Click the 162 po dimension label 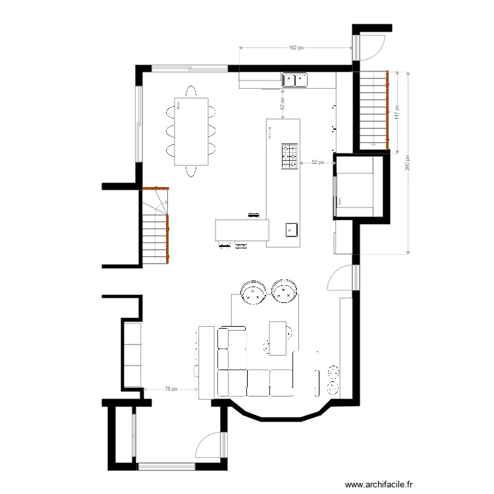296,47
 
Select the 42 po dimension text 282,105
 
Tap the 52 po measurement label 317,162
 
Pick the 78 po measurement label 171,389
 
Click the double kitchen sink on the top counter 294,80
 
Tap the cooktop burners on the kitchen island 290,157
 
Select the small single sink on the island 292,230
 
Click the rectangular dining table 191,132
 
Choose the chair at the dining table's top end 191,91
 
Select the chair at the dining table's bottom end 191,172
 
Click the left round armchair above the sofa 253,293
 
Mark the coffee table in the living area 277,337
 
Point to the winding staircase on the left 156,227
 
